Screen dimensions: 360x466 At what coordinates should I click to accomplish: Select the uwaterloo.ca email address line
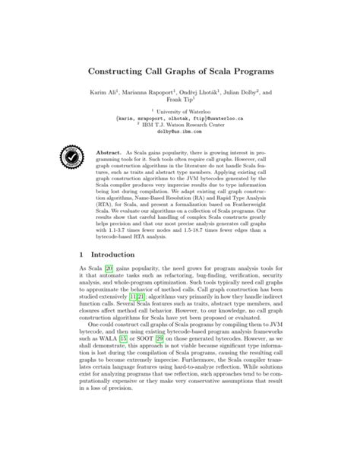pos(179,127)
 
